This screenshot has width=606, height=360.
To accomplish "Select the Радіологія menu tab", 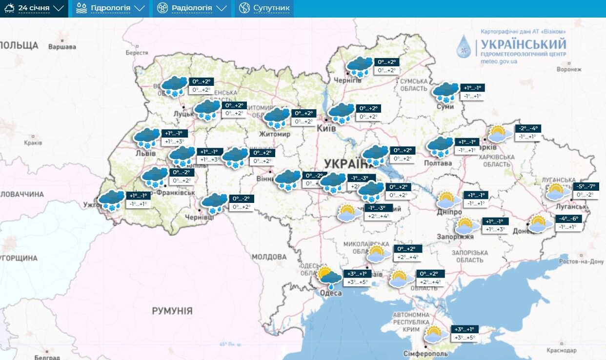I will coord(192,8).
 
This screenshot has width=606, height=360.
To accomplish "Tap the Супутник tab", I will coord(265,8).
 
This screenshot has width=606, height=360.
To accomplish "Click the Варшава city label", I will coord(62,47).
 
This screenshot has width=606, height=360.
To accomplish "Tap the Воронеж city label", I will coord(569,69).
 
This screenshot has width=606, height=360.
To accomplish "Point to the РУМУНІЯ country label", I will coord(172,311).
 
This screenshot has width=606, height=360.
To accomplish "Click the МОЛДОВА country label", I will coord(269,257).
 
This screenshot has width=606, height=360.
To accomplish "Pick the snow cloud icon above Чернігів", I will coord(360,66).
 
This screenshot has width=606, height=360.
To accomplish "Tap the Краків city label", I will coord(33,143).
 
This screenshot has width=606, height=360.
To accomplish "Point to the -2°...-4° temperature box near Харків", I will coord(528,129).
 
